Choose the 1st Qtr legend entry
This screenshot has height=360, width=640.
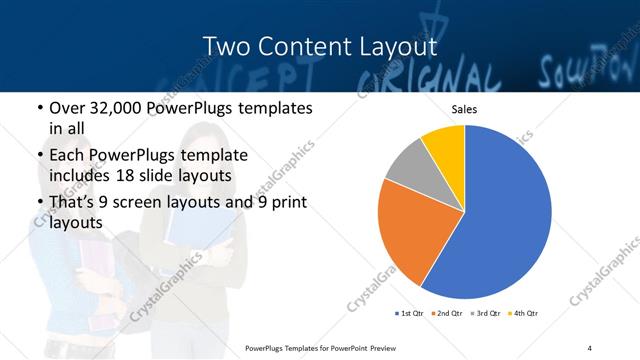pyautogui.click(x=410, y=313)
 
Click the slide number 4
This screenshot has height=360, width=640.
pyautogui.click(x=590, y=347)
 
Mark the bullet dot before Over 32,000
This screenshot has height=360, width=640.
pyautogui.click(x=38, y=108)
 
